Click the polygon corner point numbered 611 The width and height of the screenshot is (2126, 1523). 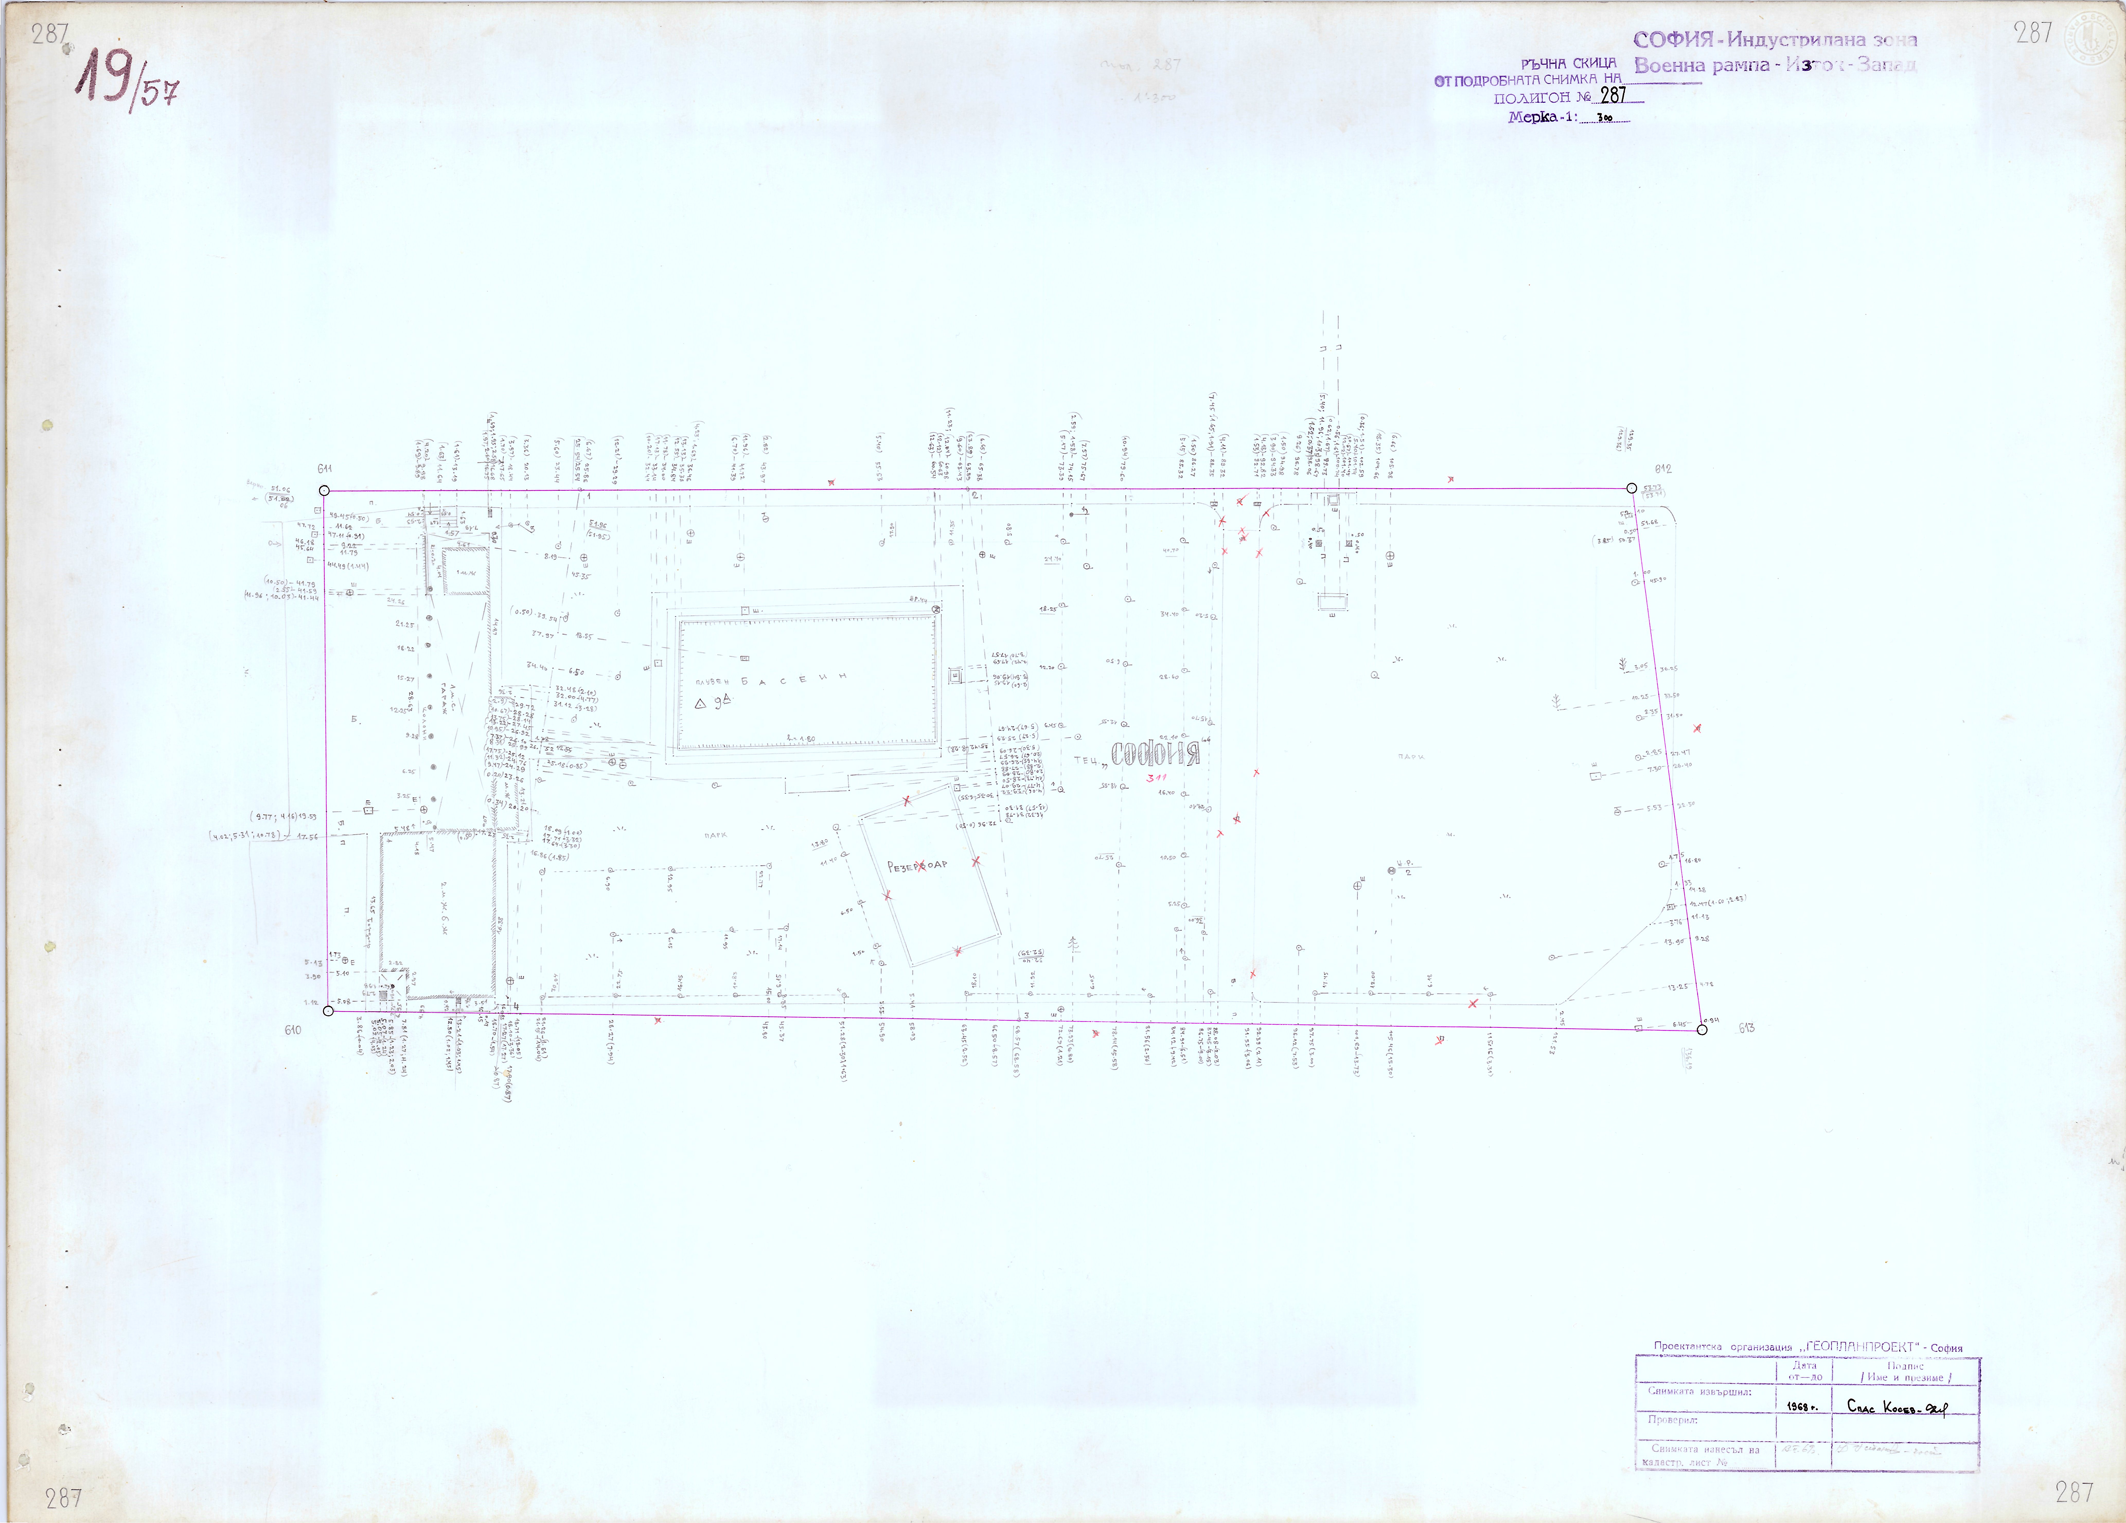click(324, 490)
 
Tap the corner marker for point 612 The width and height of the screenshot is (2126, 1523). click(1632, 488)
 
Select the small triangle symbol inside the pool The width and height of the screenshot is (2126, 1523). click(700, 703)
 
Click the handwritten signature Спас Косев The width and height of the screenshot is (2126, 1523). click(1896, 1406)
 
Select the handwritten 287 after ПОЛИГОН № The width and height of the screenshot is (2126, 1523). click(1613, 96)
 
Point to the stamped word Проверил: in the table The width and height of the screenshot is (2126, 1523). click(1673, 1420)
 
